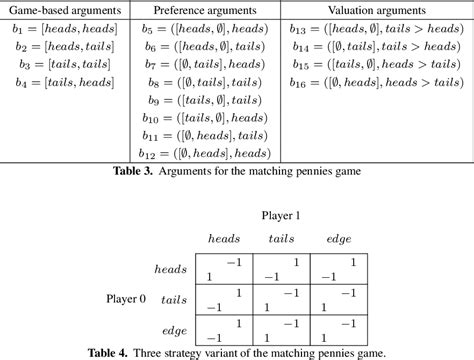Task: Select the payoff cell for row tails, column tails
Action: pyautogui.click(x=281, y=299)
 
